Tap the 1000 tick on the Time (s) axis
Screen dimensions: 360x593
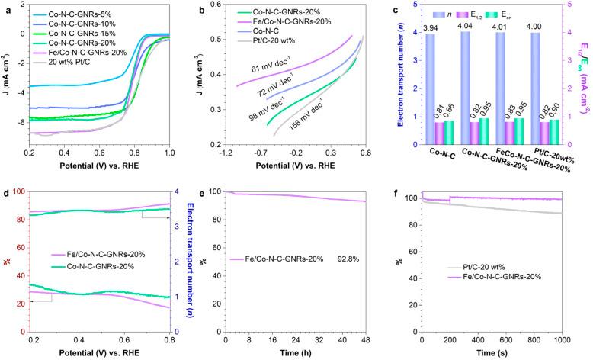click(x=562, y=339)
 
